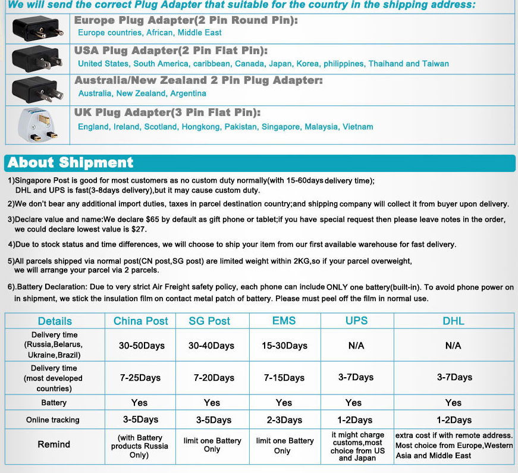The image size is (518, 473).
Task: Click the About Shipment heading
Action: point(71,162)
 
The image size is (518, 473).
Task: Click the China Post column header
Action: point(141,321)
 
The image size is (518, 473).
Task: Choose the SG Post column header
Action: point(209,321)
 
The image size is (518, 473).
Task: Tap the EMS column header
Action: point(284,321)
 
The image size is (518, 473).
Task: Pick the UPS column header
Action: point(357,321)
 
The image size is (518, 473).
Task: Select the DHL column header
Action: point(453,321)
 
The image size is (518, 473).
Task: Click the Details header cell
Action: point(55,321)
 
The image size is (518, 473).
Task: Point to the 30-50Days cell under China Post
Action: point(142,346)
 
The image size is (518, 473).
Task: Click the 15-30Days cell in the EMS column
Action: point(284,346)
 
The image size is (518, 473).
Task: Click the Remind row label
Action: point(54,444)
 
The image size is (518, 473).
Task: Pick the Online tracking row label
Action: point(53,420)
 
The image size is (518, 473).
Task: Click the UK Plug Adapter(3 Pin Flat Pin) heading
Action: point(167,112)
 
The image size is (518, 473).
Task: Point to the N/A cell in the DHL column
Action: point(453,346)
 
